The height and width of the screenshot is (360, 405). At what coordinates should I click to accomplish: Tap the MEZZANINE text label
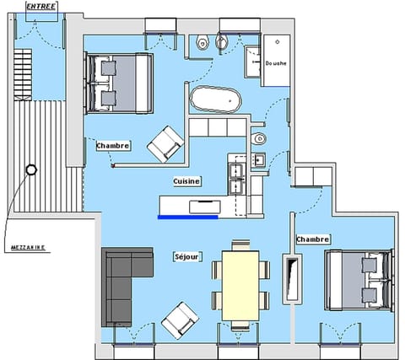pyautogui.click(x=30, y=248)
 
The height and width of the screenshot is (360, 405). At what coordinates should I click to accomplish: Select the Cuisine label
pyautogui.click(x=186, y=180)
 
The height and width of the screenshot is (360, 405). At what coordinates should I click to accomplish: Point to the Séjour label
pyautogui.click(x=186, y=256)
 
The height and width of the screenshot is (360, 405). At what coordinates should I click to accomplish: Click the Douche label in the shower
pyautogui.click(x=275, y=63)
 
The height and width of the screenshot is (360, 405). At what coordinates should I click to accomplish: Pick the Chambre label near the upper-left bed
pyautogui.click(x=113, y=145)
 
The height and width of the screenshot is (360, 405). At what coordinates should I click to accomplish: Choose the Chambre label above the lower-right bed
pyautogui.click(x=313, y=239)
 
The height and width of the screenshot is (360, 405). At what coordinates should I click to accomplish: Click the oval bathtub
pyautogui.click(x=215, y=100)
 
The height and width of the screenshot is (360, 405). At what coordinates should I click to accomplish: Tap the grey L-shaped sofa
pyautogui.click(x=122, y=282)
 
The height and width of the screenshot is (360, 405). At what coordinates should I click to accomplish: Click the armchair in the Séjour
pyautogui.click(x=180, y=320)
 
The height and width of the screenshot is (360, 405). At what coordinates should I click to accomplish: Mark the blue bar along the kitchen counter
pyautogui.click(x=187, y=217)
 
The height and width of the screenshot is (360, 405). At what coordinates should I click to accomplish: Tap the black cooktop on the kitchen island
pyautogui.click(x=205, y=204)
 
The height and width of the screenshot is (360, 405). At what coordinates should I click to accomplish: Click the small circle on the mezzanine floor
pyautogui.click(x=31, y=169)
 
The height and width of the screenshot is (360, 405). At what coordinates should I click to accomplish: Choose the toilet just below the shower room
pyautogui.click(x=260, y=137)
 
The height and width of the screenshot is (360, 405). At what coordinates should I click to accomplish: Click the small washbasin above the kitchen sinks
pyautogui.click(x=259, y=159)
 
